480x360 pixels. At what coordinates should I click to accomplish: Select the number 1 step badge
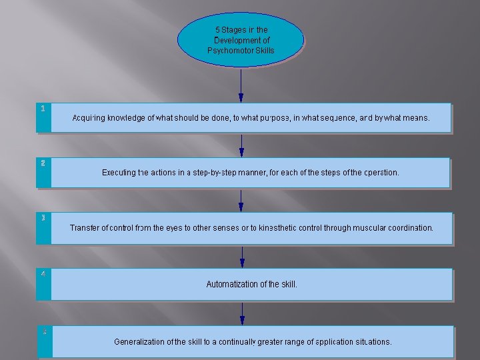pos(43,108)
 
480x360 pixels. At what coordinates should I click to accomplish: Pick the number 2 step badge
pos(43,163)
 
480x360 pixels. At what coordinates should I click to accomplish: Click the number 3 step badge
pos(43,218)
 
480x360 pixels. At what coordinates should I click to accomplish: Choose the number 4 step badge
pos(43,273)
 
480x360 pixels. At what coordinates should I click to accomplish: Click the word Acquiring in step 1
pos(89,118)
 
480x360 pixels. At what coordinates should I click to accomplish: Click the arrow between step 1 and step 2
pos(241,145)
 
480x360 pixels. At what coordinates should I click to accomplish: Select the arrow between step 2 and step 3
pos(241,199)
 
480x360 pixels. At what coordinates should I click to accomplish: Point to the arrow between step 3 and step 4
pos(241,256)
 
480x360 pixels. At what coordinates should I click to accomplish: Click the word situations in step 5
pos(372,342)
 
